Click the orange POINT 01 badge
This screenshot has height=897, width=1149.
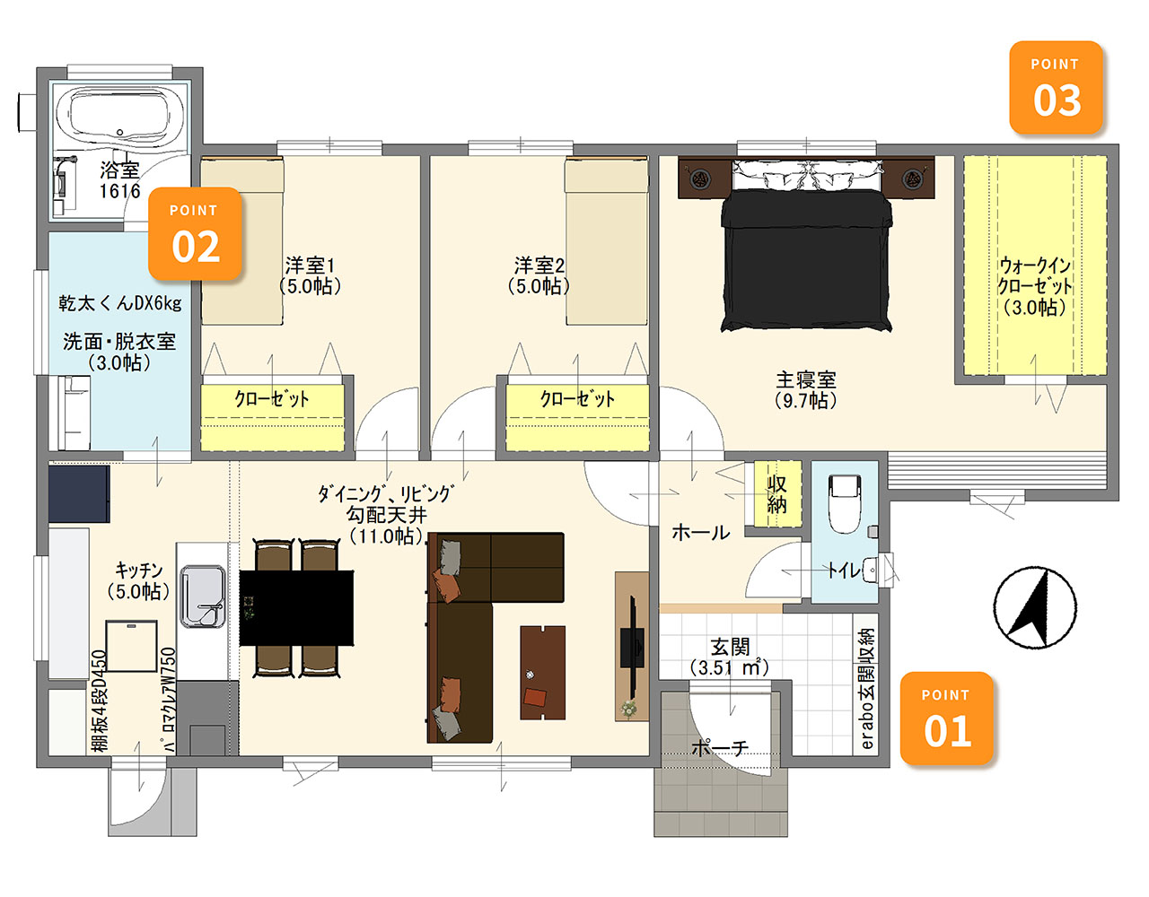946,718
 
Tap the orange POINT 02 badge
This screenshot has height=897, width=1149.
195,233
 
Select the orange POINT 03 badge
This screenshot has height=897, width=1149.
1056,88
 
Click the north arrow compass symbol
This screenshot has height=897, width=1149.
1035,607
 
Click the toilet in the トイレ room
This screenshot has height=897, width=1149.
845,504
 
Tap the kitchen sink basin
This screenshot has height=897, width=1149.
203,597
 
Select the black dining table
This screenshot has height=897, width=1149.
296,607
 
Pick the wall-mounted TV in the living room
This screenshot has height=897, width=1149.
633,647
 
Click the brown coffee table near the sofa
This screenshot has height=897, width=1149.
542,673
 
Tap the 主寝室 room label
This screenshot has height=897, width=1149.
806,390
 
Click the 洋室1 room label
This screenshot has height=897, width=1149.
310,275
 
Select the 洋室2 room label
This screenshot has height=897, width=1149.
539,275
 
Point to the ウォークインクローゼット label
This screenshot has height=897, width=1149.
1034,286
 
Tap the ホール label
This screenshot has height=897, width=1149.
700,533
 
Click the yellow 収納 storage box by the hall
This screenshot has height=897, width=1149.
776,494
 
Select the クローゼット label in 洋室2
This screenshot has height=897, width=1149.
577,399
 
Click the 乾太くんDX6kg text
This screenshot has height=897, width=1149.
120,303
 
